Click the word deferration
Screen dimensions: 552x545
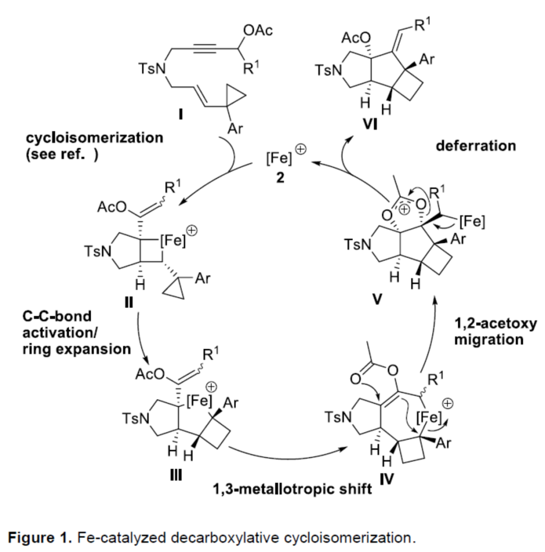(x=476, y=145)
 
